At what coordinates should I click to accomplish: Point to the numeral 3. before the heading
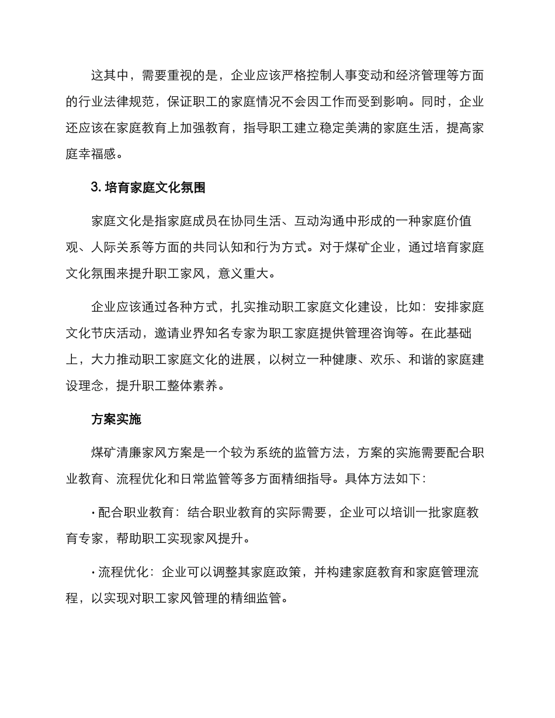coord(97,188)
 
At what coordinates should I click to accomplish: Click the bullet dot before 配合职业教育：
coord(93,513)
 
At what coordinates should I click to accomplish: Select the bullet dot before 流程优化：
coord(93,572)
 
